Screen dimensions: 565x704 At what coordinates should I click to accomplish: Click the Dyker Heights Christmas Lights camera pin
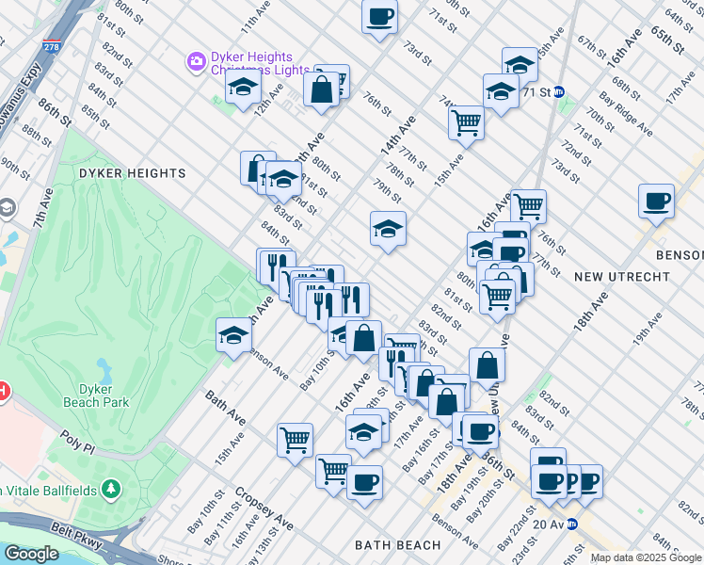(x=197, y=62)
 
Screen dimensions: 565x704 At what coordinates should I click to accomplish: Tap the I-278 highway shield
(x=52, y=44)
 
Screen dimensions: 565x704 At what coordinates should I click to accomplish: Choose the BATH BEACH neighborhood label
(x=397, y=545)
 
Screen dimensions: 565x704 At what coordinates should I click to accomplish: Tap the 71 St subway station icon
(x=559, y=92)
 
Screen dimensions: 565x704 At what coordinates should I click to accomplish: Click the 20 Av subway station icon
(x=571, y=525)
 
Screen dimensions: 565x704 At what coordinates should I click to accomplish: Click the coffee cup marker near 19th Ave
(x=656, y=200)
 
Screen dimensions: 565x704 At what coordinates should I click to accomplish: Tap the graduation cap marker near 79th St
(x=388, y=228)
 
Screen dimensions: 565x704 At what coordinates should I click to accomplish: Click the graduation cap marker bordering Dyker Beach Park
(x=233, y=334)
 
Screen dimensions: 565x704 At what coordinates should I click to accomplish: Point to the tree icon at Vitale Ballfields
(x=111, y=488)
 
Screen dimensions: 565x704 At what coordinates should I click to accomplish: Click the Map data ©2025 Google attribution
(x=646, y=557)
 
